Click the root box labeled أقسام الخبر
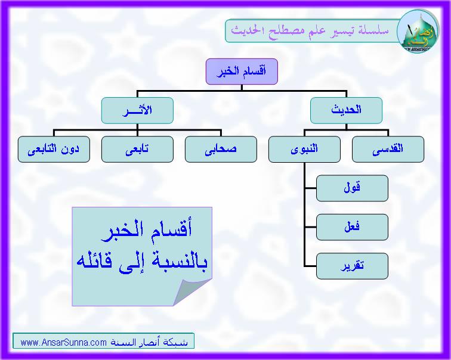click(x=242, y=72)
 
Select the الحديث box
click(x=346, y=110)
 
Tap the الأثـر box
click(x=137, y=110)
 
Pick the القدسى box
click(x=388, y=149)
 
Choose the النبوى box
click(x=304, y=149)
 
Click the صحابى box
click(x=221, y=149)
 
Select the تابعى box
click(x=137, y=149)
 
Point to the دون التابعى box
click(x=54, y=149)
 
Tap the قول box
click(x=352, y=188)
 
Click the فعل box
click(x=352, y=227)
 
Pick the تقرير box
click(x=352, y=266)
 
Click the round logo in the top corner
click(x=418, y=32)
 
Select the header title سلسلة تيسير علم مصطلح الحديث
click(x=310, y=30)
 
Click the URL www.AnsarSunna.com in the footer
click(x=64, y=342)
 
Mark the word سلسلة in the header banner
click(x=373, y=30)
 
